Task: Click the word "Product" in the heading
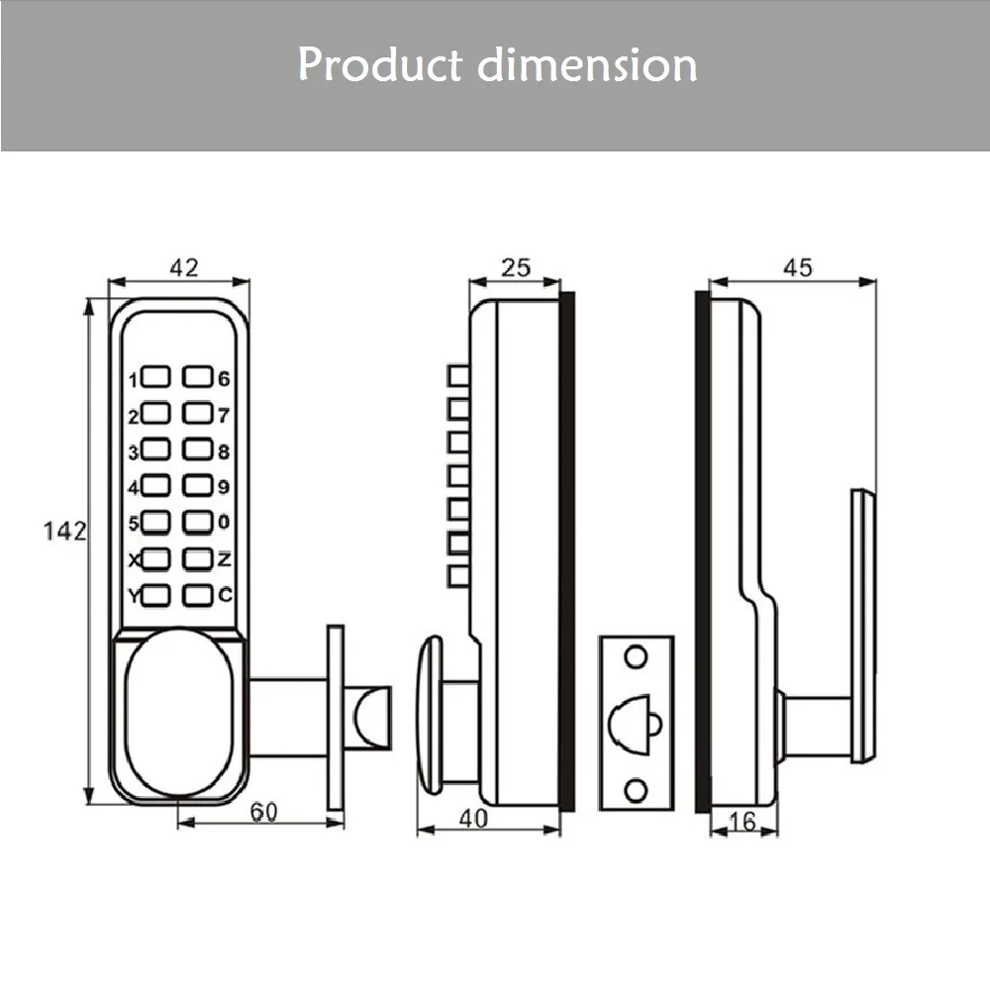(x=379, y=65)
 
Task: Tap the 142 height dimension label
(x=65, y=531)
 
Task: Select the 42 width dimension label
(x=185, y=266)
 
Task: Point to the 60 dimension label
(x=261, y=812)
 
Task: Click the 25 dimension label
(x=516, y=266)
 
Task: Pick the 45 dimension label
(x=798, y=266)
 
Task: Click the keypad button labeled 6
(x=199, y=377)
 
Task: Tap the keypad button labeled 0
(x=199, y=522)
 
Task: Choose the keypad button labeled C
(x=199, y=595)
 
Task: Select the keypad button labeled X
(x=157, y=559)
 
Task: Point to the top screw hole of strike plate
(x=636, y=654)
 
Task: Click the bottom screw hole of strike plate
(x=636, y=788)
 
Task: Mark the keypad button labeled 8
(x=199, y=450)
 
